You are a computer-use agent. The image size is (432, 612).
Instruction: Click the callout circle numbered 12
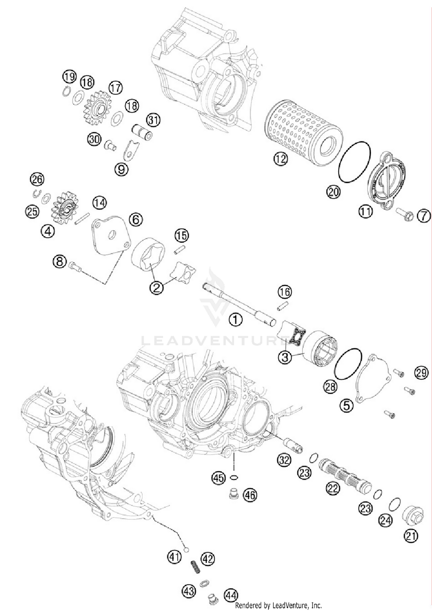click(x=281, y=159)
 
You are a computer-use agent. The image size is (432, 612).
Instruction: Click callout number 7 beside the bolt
click(x=424, y=216)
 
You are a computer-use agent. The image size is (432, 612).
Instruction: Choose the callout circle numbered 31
click(x=153, y=120)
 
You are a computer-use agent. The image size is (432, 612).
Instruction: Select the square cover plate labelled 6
click(x=111, y=235)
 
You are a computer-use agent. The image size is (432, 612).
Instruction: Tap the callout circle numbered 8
click(x=59, y=262)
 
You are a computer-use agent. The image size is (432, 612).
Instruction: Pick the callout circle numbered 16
click(x=285, y=292)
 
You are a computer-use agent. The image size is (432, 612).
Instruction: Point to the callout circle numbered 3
click(x=285, y=358)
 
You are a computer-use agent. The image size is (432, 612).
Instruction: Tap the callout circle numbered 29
click(x=421, y=373)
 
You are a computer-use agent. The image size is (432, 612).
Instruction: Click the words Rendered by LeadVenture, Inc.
click(x=278, y=605)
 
